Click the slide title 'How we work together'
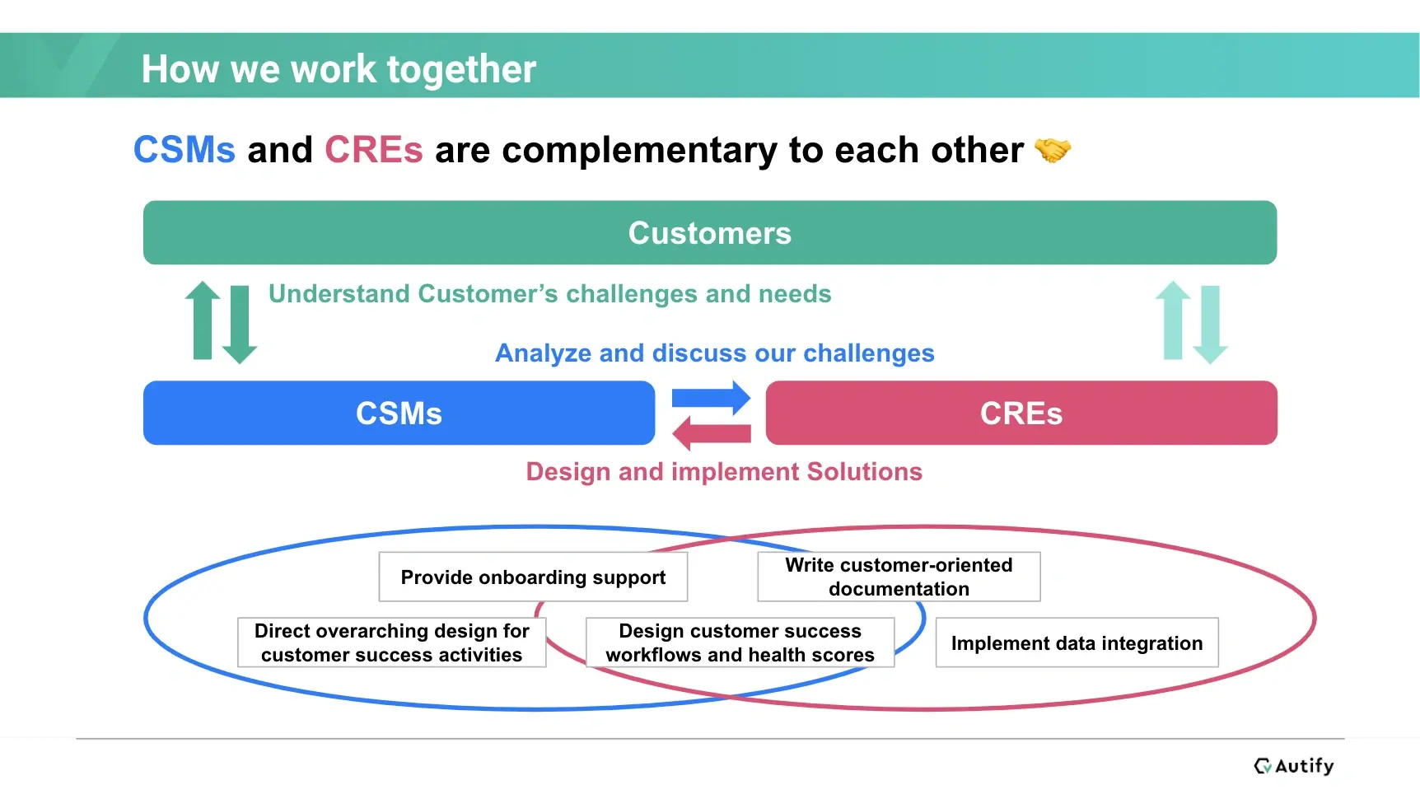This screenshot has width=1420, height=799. click(339, 69)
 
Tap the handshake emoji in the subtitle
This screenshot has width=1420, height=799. click(1052, 150)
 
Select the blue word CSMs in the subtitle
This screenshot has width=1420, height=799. click(185, 150)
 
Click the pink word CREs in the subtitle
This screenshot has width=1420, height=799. click(373, 150)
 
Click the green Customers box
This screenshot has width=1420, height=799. click(709, 233)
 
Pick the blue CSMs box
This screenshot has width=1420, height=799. click(399, 413)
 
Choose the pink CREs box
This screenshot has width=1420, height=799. click(1021, 413)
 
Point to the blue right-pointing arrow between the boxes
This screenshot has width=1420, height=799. click(711, 399)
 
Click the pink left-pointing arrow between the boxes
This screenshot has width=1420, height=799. click(711, 432)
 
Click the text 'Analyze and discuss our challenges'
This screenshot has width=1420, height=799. click(714, 353)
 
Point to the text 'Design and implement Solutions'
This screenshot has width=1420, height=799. click(724, 472)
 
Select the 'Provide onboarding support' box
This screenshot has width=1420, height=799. click(533, 577)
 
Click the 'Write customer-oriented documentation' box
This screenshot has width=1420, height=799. click(899, 577)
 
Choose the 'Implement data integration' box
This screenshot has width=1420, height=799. click(1077, 642)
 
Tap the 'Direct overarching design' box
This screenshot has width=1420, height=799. click(391, 642)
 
